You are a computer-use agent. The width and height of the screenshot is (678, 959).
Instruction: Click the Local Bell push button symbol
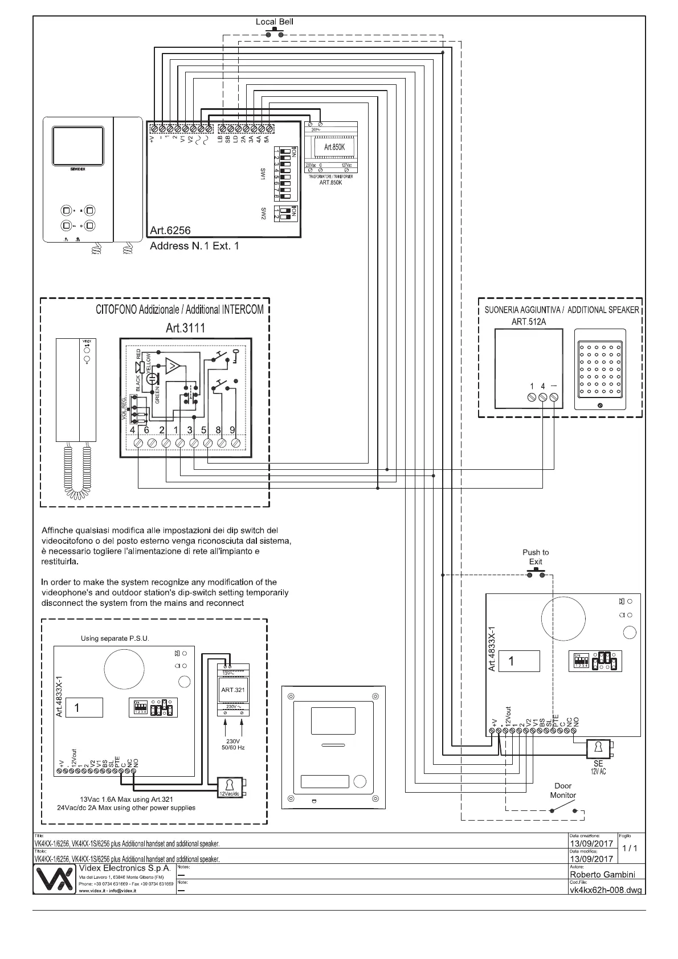(x=275, y=33)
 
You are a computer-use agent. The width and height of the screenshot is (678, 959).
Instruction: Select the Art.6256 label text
(x=170, y=231)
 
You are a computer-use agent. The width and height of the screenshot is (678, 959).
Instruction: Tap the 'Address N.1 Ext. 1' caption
(x=194, y=246)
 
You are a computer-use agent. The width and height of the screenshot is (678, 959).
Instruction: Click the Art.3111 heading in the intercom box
(x=185, y=327)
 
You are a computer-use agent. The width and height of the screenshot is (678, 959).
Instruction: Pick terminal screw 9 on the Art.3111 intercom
(x=235, y=442)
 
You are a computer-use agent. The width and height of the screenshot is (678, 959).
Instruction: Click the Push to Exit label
(x=536, y=557)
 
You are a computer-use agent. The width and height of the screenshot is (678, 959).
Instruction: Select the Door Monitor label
(x=563, y=790)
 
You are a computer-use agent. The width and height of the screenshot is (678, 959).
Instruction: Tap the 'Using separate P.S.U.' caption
(x=115, y=638)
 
